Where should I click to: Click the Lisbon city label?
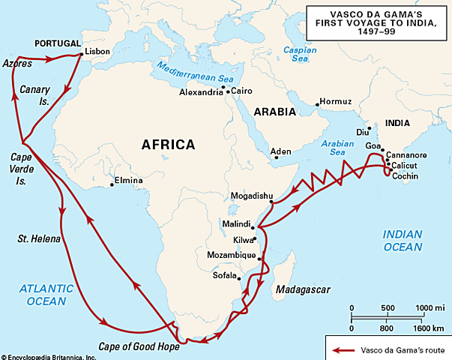point(98,52)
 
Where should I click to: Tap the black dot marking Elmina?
point(112,180)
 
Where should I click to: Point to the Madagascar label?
point(300,289)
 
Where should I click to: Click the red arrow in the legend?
point(344,349)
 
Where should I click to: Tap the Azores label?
point(16,64)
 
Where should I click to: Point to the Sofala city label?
point(226,275)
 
